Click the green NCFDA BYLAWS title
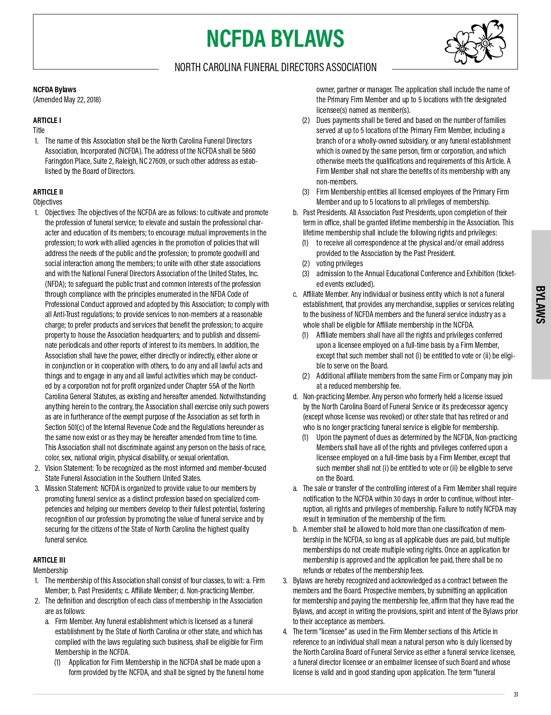[x=275, y=39]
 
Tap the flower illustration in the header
[x=474, y=42]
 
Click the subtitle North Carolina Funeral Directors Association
[x=275, y=67]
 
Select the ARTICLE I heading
[x=47, y=120]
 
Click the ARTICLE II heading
[x=48, y=192]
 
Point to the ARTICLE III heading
[x=49, y=560]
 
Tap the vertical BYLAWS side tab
[x=541, y=305]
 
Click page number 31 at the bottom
[x=516, y=694]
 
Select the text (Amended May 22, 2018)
[x=67, y=100]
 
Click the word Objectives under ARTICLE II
[x=47, y=202]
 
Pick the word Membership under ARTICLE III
[x=50, y=570]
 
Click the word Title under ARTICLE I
[x=39, y=130]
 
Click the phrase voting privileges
[x=339, y=263]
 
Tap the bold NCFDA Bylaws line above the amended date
[x=54, y=89]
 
